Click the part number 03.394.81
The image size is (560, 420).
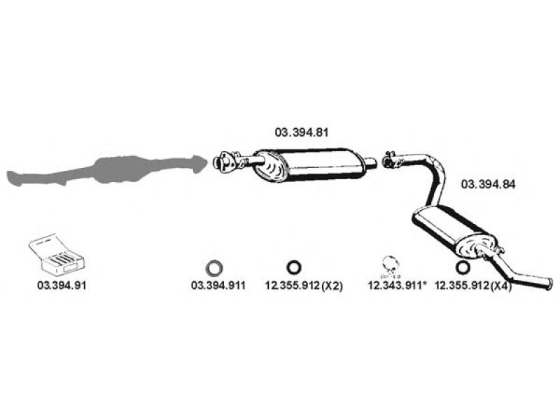pos(301,132)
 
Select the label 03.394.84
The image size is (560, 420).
pos(488,184)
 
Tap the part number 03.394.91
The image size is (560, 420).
pos(62,286)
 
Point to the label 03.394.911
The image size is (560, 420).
pos(218,286)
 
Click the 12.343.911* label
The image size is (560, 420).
pos(398,286)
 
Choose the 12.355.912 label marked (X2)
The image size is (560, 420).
pos(304,286)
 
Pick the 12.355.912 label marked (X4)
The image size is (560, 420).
pos(473,286)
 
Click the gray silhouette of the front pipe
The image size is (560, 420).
pos(107,170)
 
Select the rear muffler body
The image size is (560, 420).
pos(454,230)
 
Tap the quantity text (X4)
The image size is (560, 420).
pos(501,286)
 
